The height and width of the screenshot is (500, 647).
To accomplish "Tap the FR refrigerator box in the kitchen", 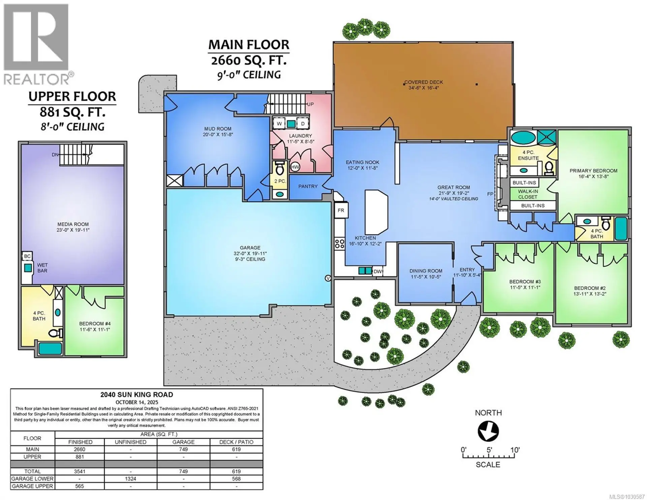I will tap(341, 211).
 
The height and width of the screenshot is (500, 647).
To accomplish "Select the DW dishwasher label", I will tap(377, 271).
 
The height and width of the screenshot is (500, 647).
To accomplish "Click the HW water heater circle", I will tap(295, 167).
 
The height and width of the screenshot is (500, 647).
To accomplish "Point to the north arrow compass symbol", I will tap(488, 432).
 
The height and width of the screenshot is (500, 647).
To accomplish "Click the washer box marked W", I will tap(279, 124).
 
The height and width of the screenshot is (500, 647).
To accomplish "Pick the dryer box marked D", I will tap(303, 124).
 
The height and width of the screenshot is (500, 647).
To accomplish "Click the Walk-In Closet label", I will tap(528, 194).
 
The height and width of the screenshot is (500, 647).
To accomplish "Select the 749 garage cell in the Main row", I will tap(183, 449).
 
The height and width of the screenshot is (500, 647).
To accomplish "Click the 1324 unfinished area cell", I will tap(130, 479).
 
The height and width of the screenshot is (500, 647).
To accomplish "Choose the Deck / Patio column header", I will tap(236, 442).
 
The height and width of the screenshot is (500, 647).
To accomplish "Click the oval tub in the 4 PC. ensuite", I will tap(523, 138).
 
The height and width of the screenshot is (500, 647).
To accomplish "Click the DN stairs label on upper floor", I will tap(55, 155).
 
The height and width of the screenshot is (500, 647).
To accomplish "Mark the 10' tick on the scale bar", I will tap(515, 456).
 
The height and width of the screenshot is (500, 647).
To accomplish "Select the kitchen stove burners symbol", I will tap(340, 244).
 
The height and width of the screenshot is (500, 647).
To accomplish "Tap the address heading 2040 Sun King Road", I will tap(136, 395).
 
